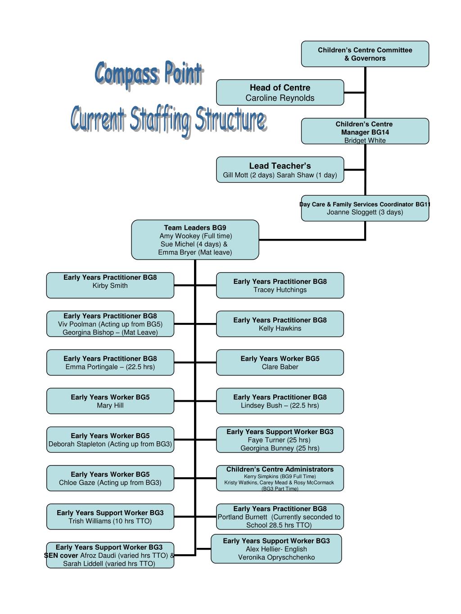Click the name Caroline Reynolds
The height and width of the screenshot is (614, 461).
[280, 98]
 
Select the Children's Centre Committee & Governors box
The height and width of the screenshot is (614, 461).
[365, 54]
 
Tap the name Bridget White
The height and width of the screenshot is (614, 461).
[365, 140]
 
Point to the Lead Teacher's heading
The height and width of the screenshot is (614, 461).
[280, 166]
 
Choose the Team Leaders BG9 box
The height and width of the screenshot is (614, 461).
[195, 240]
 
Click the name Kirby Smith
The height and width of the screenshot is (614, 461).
[110, 286]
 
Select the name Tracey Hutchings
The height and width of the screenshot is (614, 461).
[280, 290]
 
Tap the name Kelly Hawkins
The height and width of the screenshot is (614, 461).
[280, 328]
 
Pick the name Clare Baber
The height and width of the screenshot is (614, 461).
[280, 367]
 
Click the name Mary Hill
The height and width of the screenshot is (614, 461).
[110, 405]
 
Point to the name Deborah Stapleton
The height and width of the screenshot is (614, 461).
[77, 444]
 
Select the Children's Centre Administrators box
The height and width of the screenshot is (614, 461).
[280, 478]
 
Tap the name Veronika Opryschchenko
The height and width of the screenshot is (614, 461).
[276, 557]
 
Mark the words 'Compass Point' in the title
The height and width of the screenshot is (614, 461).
[149, 74]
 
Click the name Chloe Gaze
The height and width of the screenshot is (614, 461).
[77, 483]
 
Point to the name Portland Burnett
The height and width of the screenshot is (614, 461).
[242, 517]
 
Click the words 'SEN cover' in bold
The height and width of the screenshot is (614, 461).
[61, 555]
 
